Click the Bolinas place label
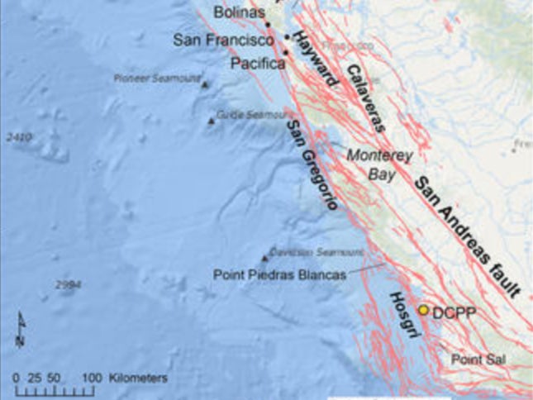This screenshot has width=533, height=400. pyautogui.click(x=239, y=12)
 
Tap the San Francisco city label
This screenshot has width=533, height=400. pyautogui.click(x=223, y=40)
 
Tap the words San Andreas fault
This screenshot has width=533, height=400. pyautogui.click(x=468, y=236)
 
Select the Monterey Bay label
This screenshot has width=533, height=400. pyautogui.click(x=378, y=163)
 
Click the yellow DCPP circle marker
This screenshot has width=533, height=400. pyautogui.click(x=423, y=310)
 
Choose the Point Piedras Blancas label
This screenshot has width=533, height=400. pyautogui.click(x=279, y=275)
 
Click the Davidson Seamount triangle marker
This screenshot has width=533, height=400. pyautogui.click(x=264, y=258)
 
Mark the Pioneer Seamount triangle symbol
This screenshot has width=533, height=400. pyautogui.click(x=205, y=84)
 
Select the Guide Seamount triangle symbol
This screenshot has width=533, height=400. pyautogui.click(x=211, y=121)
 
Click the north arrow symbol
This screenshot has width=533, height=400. pyautogui.click(x=20, y=329)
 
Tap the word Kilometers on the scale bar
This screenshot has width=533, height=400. pyautogui.click(x=136, y=377)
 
